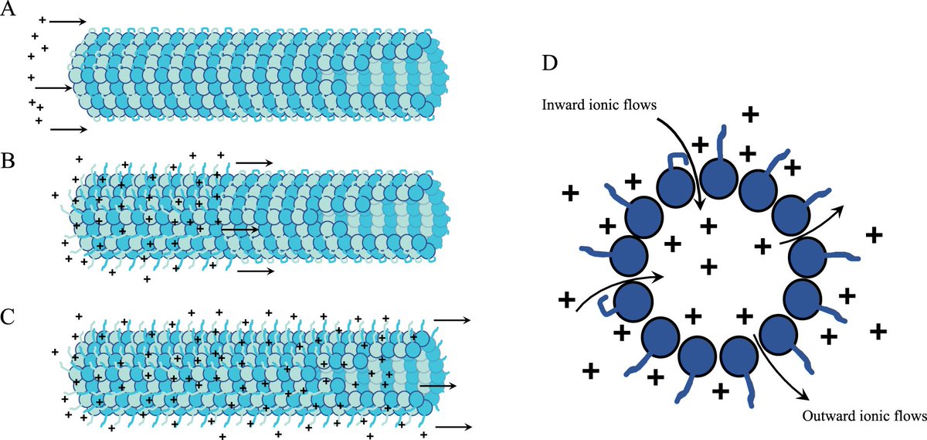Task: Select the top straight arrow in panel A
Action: click(68, 22)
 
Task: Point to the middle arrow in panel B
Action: click(239, 230)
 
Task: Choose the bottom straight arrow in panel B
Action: click(254, 272)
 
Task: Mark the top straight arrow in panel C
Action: click(453, 318)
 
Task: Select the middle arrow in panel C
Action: click(437, 384)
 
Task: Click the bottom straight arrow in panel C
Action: click(453, 426)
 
